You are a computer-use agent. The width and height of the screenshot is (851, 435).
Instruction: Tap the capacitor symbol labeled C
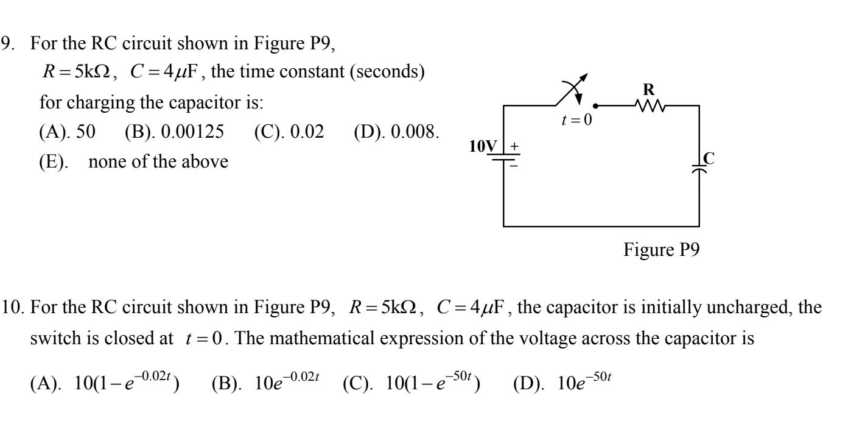point(699,167)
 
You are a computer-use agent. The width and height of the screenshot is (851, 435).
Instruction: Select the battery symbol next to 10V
point(504,154)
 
